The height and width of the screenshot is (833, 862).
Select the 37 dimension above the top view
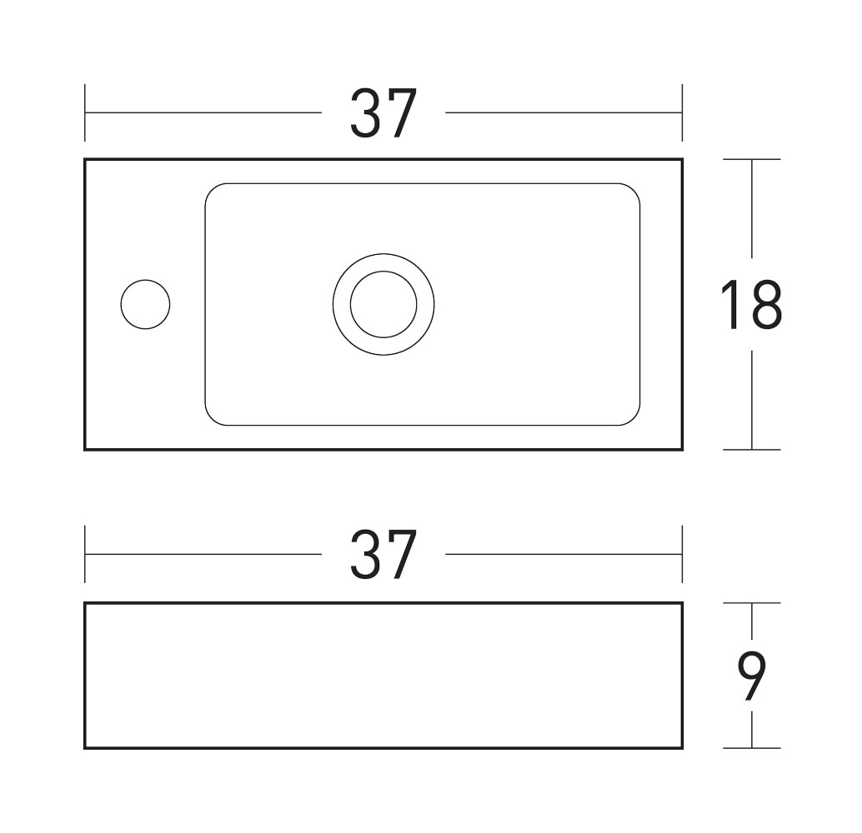pos(383,113)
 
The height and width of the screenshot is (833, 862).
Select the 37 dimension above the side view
pos(383,555)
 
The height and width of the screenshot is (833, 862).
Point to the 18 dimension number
pos(751,304)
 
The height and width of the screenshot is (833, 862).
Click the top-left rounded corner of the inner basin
pos(212,190)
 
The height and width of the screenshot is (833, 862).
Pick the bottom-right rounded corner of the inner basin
pos(634,419)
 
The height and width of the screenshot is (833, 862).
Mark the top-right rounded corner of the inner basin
pos(634,190)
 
